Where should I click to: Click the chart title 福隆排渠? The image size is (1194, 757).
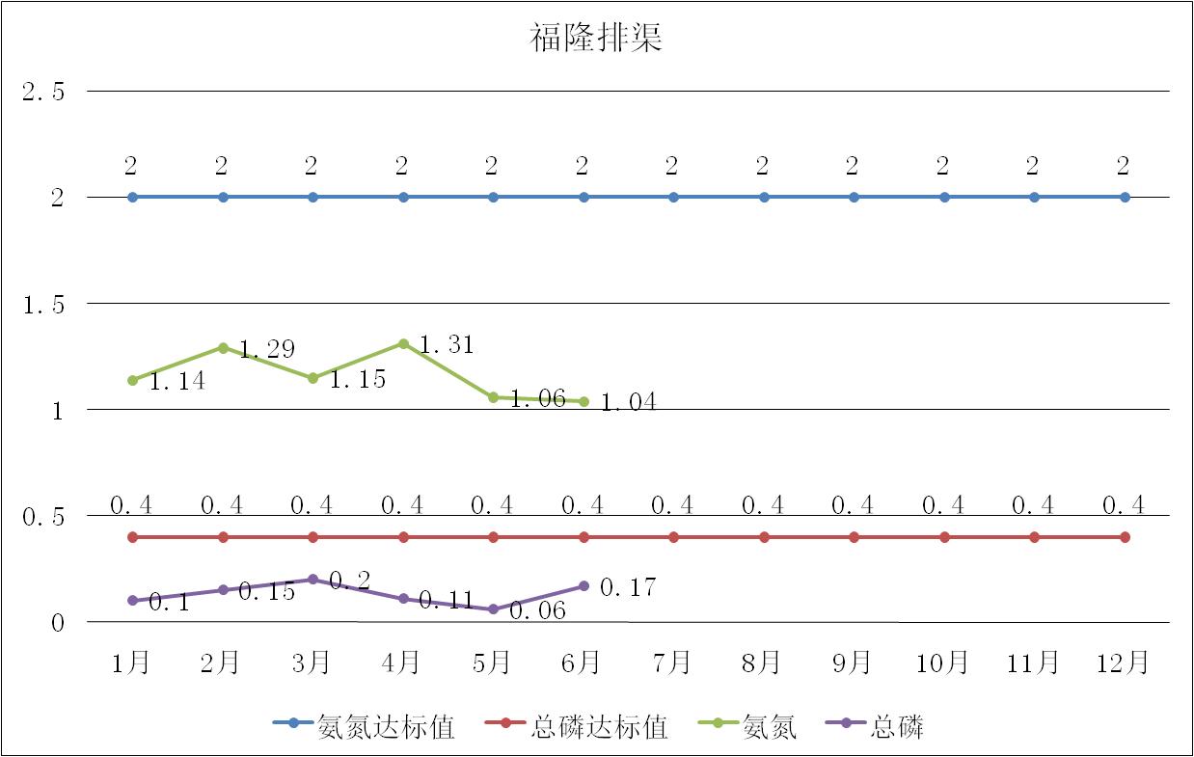tap(596, 40)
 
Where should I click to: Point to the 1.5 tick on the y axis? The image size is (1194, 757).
tap(43, 305)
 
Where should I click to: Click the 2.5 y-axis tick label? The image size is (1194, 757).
tap(43, 93)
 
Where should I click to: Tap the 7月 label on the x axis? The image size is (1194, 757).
tap(672, 663)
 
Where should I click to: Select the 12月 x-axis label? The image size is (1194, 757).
tap(1124, 663)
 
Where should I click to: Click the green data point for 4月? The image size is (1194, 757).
tap(403, 343)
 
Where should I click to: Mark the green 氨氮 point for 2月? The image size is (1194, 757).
tap(223, 347)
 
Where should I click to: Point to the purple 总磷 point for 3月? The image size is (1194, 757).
tap(312, 580)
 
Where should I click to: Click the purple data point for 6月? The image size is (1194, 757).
tap(583, 586)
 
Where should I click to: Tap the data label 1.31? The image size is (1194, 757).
tap(447, 344)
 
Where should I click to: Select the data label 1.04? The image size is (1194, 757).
tap(628, 402)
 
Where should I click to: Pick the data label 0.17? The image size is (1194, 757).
tap(628, 586)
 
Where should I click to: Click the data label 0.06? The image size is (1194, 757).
tap(537, 610)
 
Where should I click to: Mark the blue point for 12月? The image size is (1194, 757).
tap(1125, 197)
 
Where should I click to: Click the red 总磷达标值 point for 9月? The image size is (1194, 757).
tap(854, 537)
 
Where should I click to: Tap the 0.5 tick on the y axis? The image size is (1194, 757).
tap(43, 517)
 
